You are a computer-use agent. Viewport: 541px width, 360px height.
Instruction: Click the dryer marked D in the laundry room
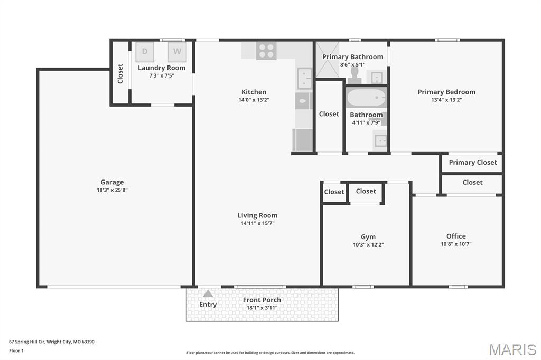[x=145, y=52]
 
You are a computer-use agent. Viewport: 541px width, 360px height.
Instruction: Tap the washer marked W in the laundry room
[x=178, y=52]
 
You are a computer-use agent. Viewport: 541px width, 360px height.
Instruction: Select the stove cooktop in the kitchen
[x=266, y=51]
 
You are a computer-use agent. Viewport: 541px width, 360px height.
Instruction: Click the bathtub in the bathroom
[x=366, y=98]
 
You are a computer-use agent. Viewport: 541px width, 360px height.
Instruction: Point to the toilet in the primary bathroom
[x=354, y=77]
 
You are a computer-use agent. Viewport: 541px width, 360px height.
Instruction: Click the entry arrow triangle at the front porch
[x=208, y=293]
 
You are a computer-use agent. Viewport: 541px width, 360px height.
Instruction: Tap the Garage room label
[x=112, y=182]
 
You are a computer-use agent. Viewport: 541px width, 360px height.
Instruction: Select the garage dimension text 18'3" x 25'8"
[x=112, y=190]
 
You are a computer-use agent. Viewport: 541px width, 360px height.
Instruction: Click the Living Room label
[x=257, y=215]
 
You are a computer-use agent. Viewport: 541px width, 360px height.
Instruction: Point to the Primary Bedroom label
[x=446, y=92]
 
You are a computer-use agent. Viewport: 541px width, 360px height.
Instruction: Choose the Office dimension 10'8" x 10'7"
[x=456, y=244]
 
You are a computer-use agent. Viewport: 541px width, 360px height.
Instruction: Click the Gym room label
[x=368, y=237]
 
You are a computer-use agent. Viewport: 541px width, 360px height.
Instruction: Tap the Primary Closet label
[x=473, y=163]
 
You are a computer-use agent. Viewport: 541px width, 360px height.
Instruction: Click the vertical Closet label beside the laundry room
[x=120, y=73]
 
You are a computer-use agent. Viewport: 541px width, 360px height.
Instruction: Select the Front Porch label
[x=262, y=300]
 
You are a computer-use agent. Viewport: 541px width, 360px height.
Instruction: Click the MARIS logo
[x=512, y=349]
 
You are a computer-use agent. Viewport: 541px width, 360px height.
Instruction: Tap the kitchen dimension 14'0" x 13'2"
[x=254, y=100]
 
